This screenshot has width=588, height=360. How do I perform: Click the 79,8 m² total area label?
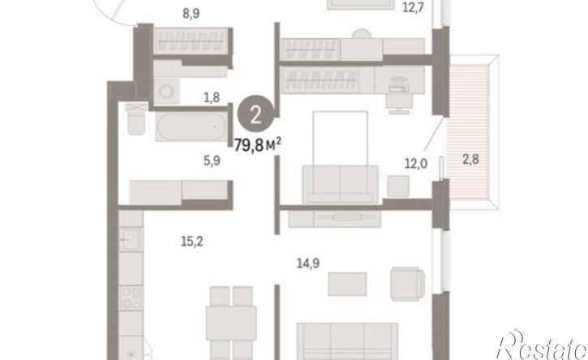click(258, 145)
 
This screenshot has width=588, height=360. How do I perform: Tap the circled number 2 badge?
click(256, 115)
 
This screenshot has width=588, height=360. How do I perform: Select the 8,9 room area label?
click(191, 14)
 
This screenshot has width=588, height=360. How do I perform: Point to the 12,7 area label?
click(413, 7)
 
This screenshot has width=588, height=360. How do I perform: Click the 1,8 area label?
click(212, 97)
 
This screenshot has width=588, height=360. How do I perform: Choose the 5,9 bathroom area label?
click(212, 161)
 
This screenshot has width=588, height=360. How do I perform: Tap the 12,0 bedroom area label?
click(416, 164)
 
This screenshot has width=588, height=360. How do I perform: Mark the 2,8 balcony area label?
click(470, 160)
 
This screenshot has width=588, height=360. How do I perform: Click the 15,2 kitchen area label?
click(192, 242)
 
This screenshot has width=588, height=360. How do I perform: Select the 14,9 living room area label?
click(308, 264)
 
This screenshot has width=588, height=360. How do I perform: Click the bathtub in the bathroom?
click(191, 126)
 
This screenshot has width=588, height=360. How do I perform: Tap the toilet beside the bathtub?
click(135, 120)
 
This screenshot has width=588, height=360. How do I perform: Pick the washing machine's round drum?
click(165, 91)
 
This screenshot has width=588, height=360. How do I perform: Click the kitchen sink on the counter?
click(131, 239)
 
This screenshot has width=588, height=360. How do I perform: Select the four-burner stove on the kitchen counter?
click(131, 298)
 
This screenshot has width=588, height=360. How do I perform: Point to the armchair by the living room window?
click(408, 284)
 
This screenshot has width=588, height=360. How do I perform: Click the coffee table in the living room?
click(347, 284)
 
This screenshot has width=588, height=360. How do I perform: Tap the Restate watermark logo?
click(541, 345)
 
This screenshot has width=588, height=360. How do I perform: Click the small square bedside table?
click(398, 186)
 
